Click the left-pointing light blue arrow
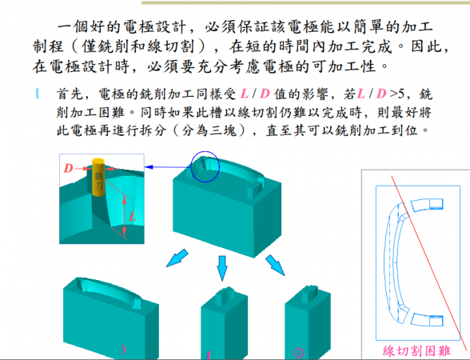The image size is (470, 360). tap(177, 257)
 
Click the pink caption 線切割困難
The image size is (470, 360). tap(415, 350)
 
